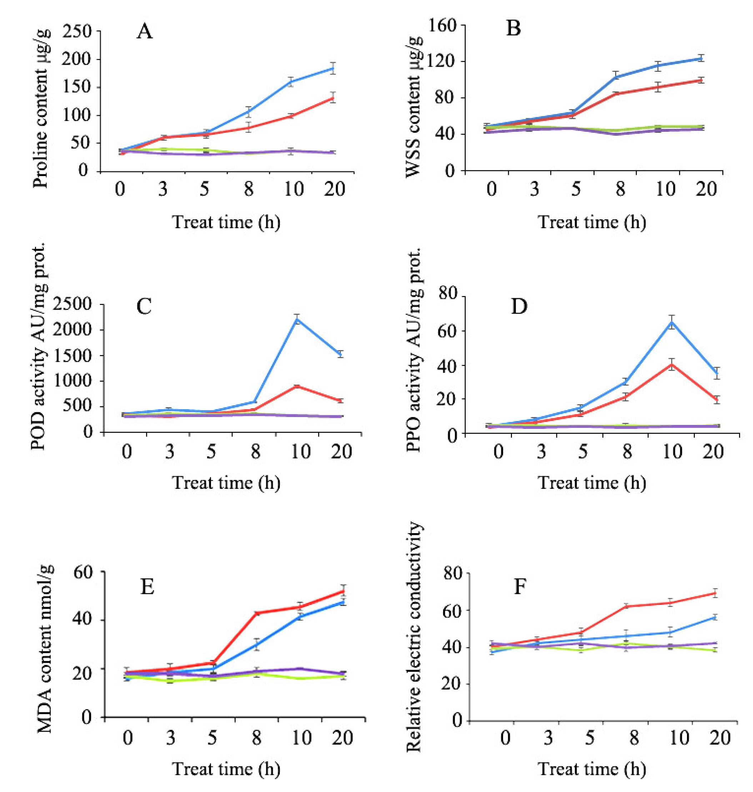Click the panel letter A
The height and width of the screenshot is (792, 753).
point(145,31)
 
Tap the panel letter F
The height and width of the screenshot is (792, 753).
point(520,587)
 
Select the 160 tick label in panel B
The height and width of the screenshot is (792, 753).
point(442,26)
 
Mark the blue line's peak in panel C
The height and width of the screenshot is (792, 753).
point(297,320)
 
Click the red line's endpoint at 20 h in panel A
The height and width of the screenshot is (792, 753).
point(333,98)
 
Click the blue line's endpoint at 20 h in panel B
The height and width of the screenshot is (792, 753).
point(701,58)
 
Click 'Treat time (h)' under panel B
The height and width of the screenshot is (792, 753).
point(592,222)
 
